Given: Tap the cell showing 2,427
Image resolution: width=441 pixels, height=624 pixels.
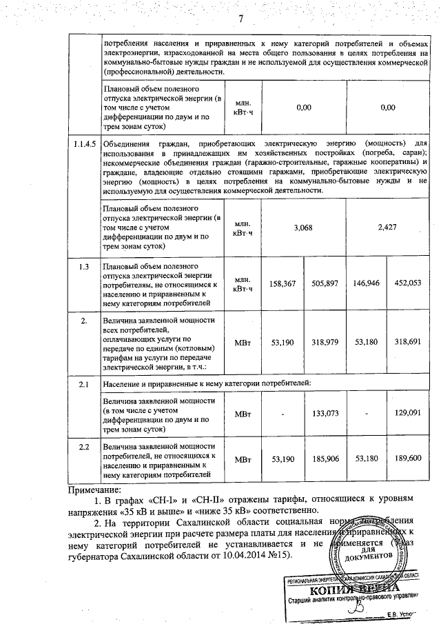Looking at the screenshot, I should (388, 226).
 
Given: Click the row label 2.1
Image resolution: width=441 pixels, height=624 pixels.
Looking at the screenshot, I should (83, 383).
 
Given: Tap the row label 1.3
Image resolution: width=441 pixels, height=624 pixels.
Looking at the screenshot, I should (83, 266).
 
